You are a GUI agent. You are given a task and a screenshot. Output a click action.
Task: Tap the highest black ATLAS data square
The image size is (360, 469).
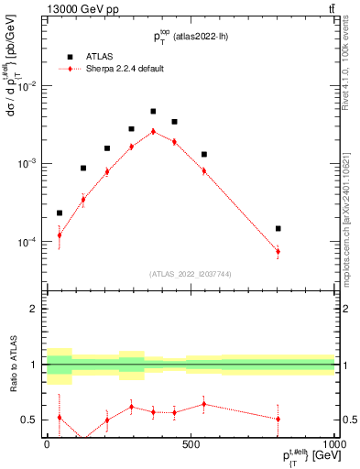pyautogui.click(x=153, y=112)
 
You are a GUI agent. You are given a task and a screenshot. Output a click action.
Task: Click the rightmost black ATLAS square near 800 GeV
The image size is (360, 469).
pyautogui.click(x=278, y=228)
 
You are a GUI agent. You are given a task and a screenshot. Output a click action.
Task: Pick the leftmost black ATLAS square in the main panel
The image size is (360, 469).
pyautogui.click(x=60, y=213)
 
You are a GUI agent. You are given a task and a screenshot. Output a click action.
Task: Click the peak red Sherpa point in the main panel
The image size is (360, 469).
pyautogui.click(x=153, y=131)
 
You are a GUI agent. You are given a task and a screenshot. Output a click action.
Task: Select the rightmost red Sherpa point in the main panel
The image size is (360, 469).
pyautogui.click(x=278, y=251)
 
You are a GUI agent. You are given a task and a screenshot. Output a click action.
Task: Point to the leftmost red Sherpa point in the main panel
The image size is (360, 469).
pyautogui.click(x=60, y=234)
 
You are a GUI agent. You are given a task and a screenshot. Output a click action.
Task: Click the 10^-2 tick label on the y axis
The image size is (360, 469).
pyautogui.click(x=27, y=86)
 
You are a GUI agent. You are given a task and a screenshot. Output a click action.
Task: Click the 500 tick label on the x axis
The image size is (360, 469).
pyautogui.click(x=191, y=445)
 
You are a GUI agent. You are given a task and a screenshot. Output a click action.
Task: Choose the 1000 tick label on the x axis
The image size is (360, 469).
pyautogui.click(x=333, y=445)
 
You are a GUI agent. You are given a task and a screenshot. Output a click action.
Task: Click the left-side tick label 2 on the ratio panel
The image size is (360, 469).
pyautogui.click(x=34, y=310)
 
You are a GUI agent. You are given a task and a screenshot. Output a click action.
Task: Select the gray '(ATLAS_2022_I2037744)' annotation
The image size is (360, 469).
pyautogui.click(x=190, y=274)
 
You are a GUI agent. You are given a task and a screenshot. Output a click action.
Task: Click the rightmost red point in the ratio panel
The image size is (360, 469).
pyautogui.click(x=278, y=419)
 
